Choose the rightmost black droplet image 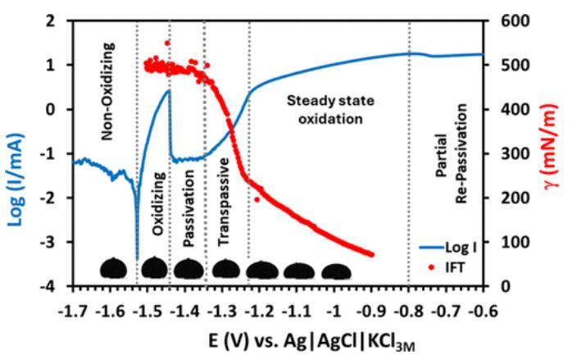pos(336,271)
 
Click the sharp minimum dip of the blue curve pos(137,258)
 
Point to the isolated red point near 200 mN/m pos(257,199)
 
